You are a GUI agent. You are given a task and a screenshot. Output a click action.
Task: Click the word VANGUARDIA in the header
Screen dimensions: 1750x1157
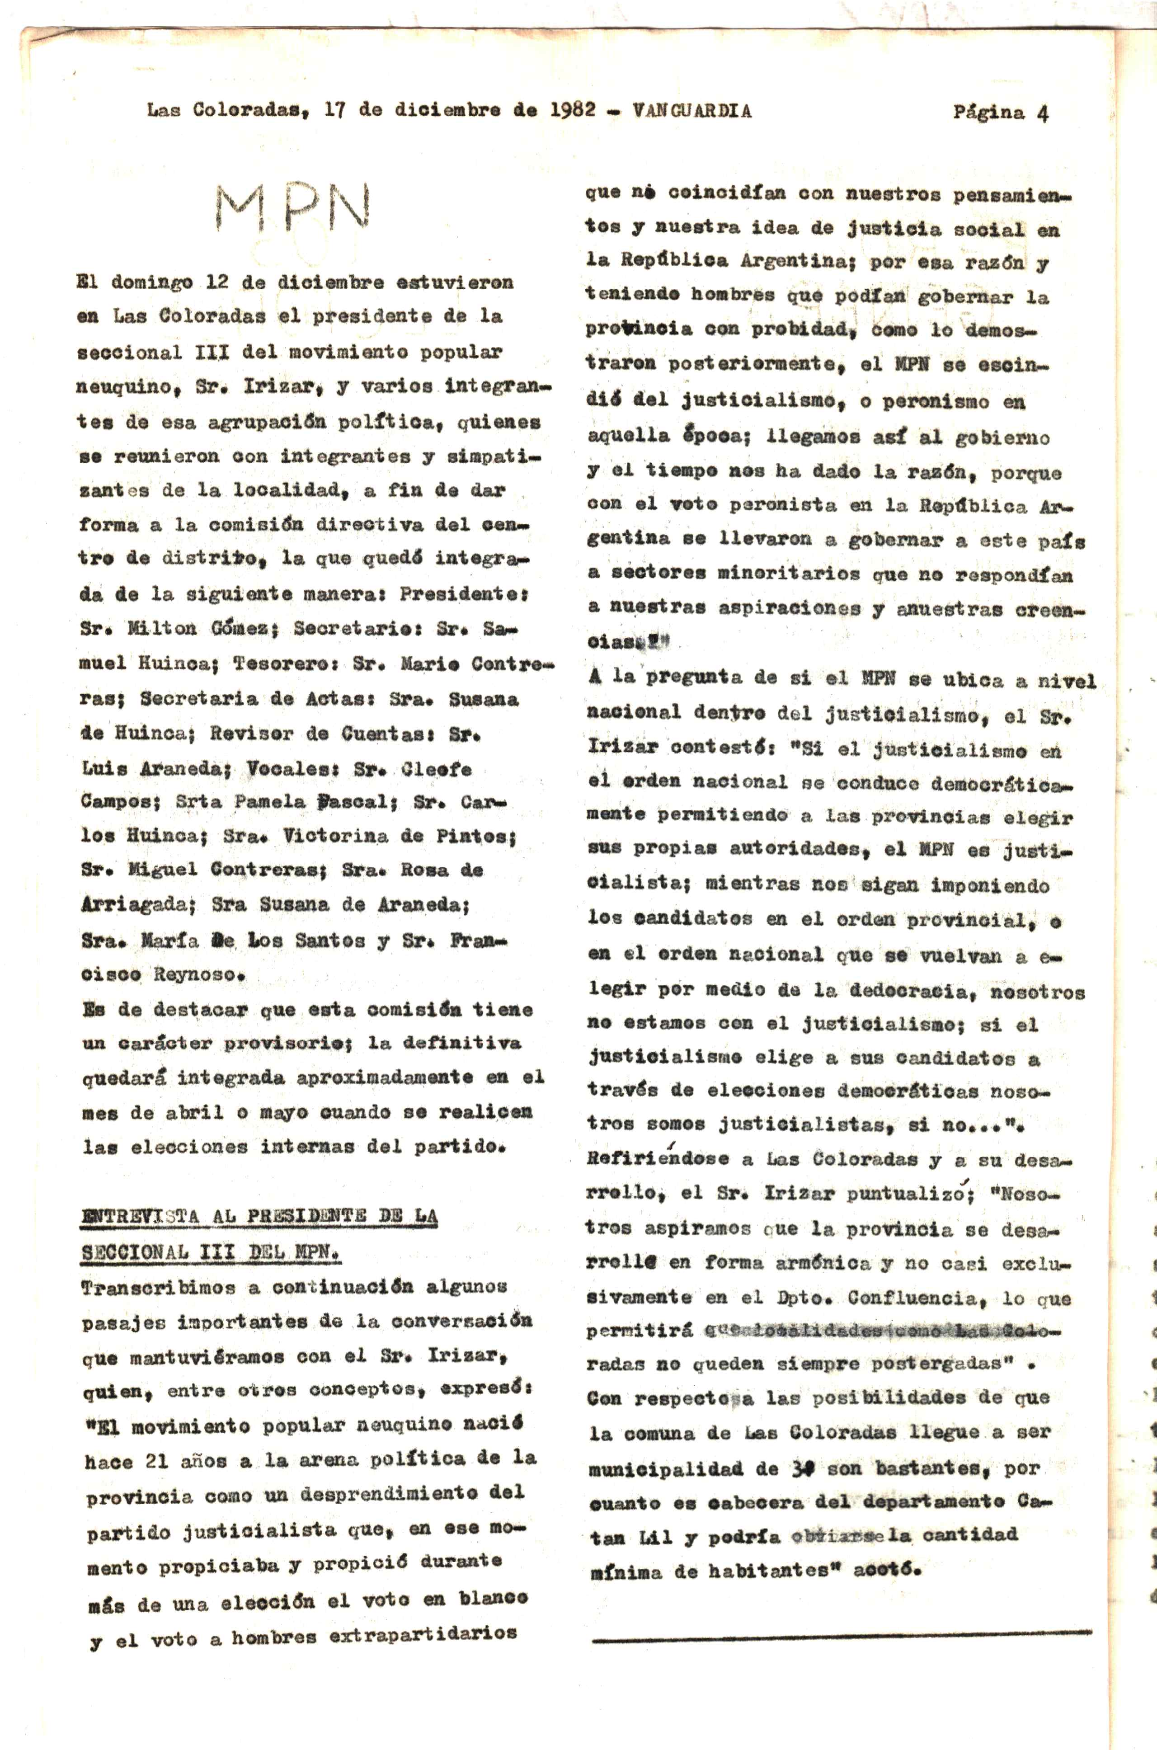click(x=691, y=111)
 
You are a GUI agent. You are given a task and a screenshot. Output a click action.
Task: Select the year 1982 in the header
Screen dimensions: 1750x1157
click(x=573, y=109)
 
